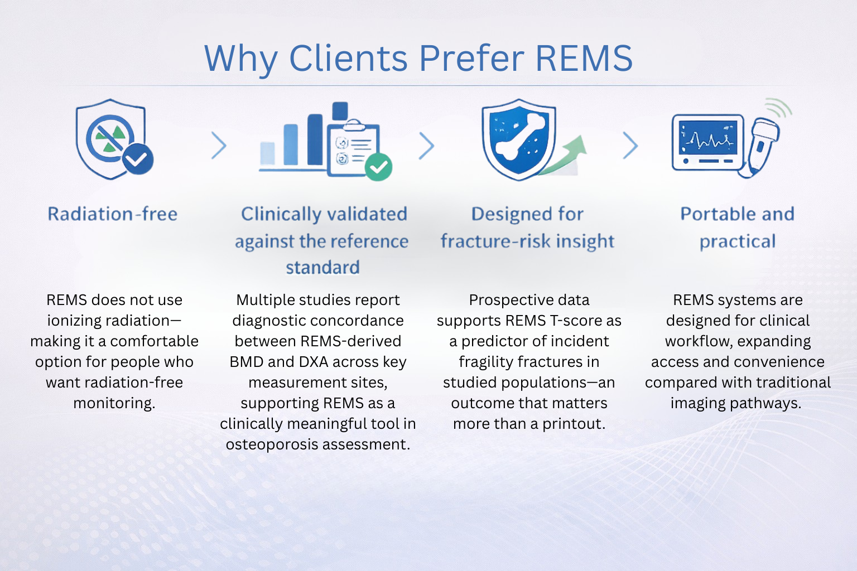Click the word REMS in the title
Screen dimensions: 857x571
point(584,58)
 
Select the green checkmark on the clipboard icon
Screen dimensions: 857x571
point(379,167)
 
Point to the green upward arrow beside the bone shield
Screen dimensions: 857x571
point(569,153)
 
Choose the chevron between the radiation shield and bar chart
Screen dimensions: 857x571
point(219,146)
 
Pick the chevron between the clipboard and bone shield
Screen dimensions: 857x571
point(426,146)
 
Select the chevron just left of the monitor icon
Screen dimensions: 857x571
point(630,146)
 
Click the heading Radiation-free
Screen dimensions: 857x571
point(113,214)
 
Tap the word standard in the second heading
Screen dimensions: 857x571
point(322,268)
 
